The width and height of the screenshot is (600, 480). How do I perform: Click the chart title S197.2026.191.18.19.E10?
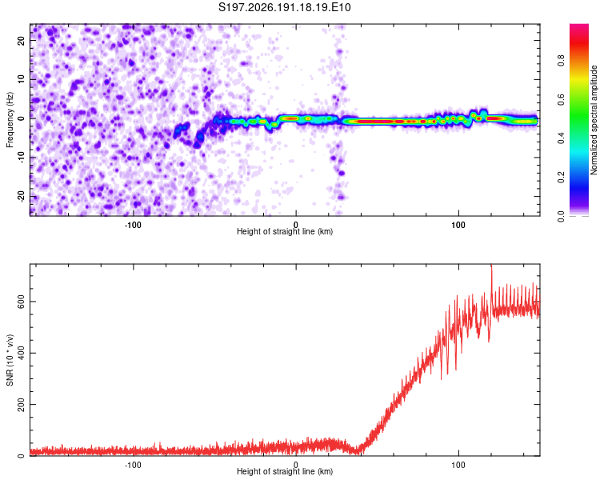click(x=284, y=7)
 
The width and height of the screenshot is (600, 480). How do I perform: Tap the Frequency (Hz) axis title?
click(x=10, y=120)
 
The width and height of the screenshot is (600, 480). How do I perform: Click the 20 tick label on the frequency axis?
click(x=21, y=41)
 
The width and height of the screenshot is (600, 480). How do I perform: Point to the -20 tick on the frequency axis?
click(x=21, y=197)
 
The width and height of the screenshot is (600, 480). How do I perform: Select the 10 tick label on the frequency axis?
click(x=21, y=79)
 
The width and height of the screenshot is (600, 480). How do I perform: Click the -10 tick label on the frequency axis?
click(x=21, y=158)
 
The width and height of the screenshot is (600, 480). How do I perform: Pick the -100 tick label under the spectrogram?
click(x=133, y=225)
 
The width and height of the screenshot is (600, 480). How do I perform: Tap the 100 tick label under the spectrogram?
click(x=458, y=225)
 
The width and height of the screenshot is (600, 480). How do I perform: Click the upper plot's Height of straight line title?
click(x=285, y=232)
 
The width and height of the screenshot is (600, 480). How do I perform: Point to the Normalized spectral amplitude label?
click(x=594, y=120)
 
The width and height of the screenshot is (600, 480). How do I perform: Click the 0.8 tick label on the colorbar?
click(x=561, y=61)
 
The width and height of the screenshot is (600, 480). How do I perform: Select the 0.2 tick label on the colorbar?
click(x=561, y=178)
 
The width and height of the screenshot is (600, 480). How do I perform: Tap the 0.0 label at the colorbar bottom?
click(x=561, y=216)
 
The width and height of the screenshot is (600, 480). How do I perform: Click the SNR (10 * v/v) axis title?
click(x=10, y=360)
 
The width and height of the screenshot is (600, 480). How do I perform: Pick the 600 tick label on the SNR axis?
click(x=21, y=302)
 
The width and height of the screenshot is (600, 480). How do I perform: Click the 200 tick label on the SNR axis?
click(x=21, y=404)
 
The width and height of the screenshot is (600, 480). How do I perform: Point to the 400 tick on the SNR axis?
click(x=21, y=353)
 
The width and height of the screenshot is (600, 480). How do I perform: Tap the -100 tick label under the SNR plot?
click(x=133, y=465)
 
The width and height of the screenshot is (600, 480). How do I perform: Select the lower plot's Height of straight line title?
click(x=285, y=471)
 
